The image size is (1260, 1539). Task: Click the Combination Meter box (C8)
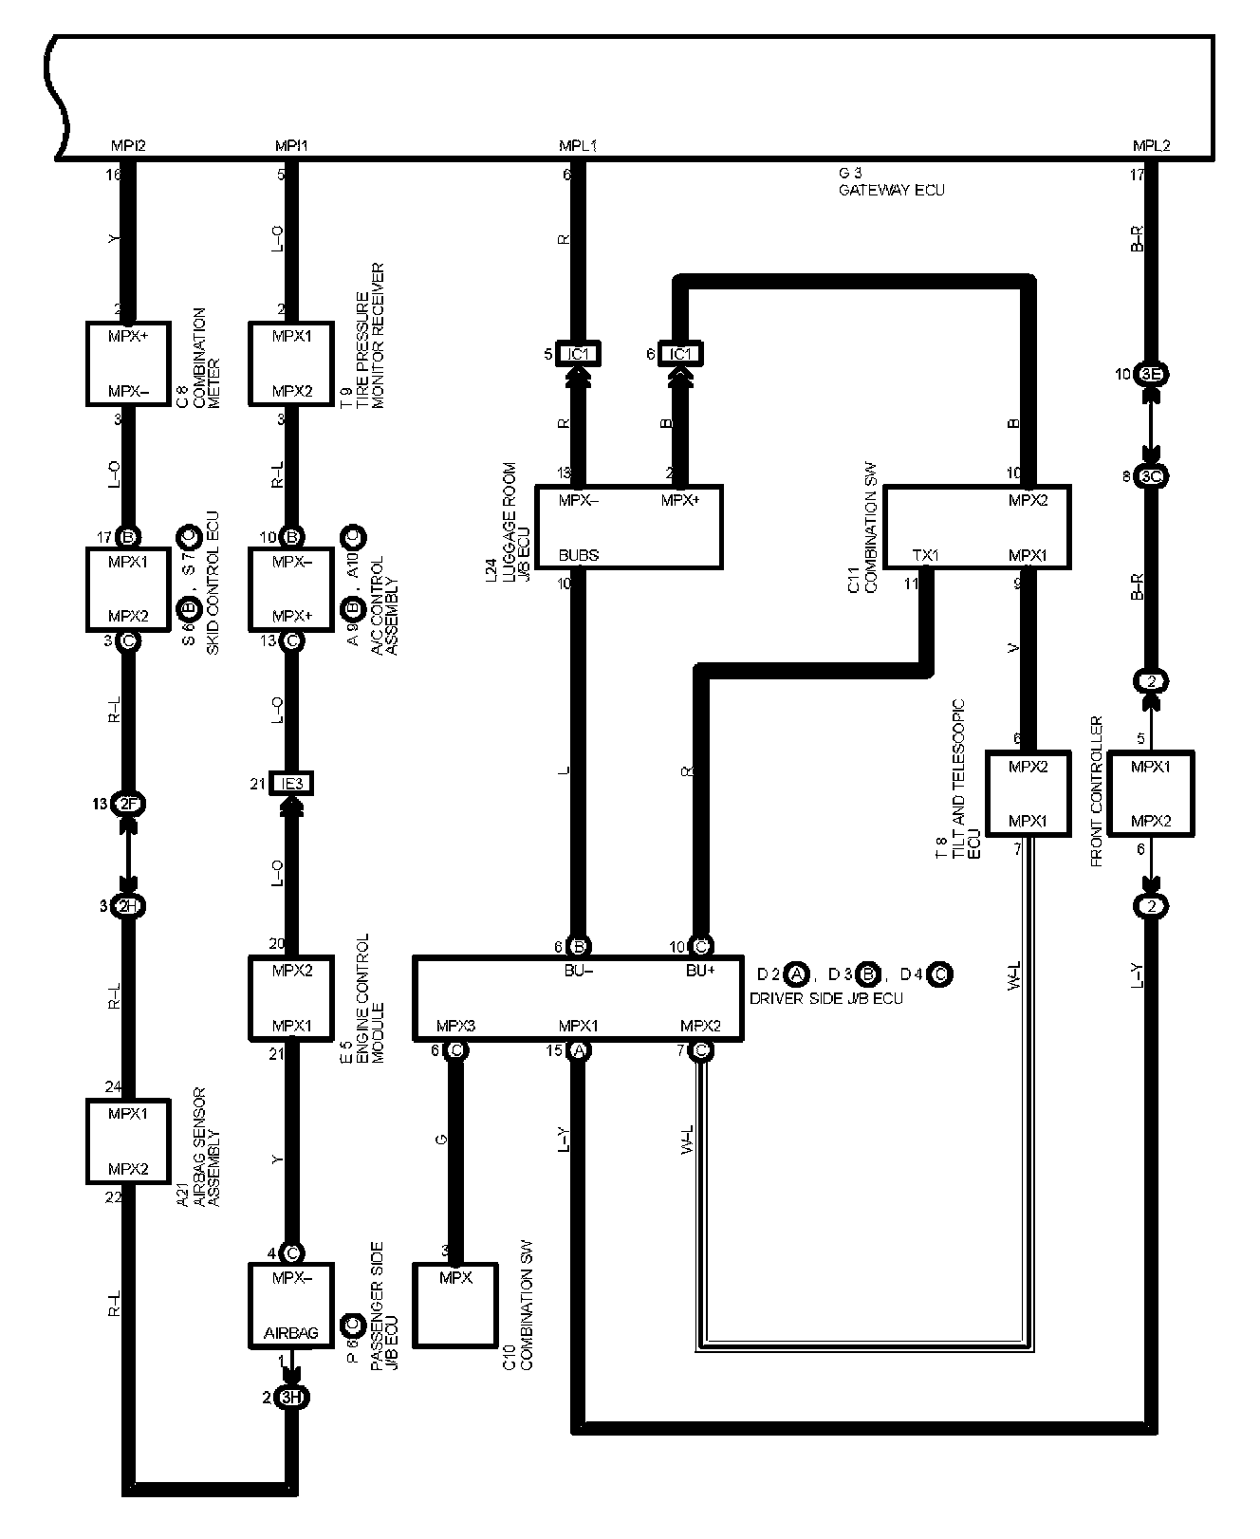coord(128,363)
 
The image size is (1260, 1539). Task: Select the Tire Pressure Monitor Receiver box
coord(291,363)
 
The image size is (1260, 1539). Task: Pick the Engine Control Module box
coord(291,997)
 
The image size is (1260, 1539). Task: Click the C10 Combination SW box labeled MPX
coord(455,1305)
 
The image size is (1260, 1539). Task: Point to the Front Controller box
coord(1151,793)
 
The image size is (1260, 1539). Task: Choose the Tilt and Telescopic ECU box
coord(1028,793)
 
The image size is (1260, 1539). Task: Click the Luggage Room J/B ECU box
coord(629,527)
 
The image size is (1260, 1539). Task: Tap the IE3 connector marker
coord(291,784)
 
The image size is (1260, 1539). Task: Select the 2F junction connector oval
coord(128,804)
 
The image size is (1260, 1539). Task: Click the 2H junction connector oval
coord(128,906)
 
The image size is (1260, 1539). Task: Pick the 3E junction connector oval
coord(1151,374)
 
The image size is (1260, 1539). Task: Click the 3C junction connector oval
coord(1151,476)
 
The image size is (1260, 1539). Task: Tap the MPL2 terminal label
coord(1151,146)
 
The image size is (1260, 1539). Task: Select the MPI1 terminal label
coord(291,146)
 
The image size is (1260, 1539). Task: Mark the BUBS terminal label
coord(579,555)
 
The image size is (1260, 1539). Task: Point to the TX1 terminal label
coord(925,555)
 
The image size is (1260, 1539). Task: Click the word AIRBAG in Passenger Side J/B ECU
coord(291,1333)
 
